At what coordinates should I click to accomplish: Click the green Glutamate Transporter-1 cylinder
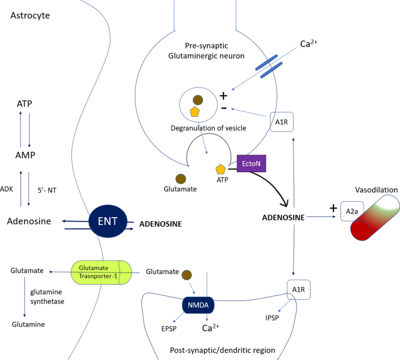coord(102,271)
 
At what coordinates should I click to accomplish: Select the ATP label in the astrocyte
coord(25,103)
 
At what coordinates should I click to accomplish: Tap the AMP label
coord(25,156)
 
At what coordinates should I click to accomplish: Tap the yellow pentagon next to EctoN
coord(221,169)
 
